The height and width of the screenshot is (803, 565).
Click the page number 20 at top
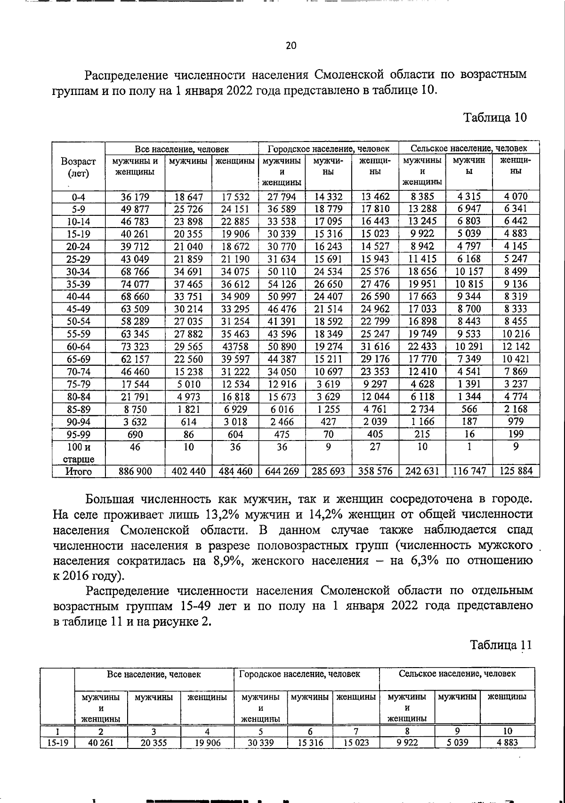291,46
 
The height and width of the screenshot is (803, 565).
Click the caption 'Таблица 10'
495,118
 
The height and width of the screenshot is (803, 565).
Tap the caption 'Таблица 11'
501,645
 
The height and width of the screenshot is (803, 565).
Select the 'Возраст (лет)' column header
79,167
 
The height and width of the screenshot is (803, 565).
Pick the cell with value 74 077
135,284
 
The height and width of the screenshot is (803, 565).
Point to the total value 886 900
135,471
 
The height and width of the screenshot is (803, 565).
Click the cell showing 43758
235,347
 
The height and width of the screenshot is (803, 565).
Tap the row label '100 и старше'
78,453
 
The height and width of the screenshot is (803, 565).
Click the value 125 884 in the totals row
516,471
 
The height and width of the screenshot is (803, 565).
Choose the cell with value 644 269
282,471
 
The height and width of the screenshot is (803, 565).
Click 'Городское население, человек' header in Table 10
328,149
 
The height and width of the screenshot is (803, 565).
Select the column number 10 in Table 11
508,731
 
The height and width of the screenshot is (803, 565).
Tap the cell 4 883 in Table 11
508,743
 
